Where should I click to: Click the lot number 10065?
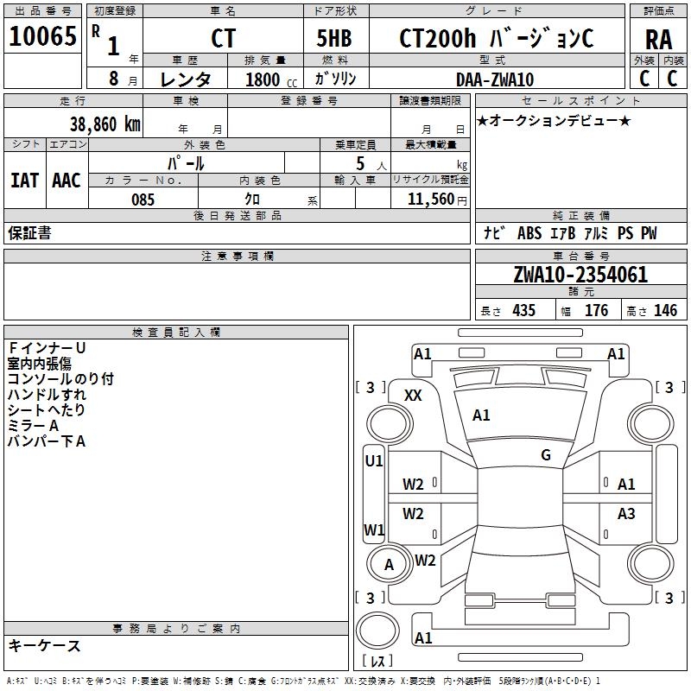tap(42, 36)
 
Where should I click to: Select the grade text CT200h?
tap(438, 38)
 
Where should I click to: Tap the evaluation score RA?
tap(658, 40)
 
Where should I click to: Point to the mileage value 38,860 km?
tap(105, 124)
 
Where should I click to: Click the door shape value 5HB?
tap(334, 38)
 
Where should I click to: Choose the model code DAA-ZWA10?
tap(495, 79)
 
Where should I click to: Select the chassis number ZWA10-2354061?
tap(580, 275)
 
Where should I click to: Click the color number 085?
tap(143, 200)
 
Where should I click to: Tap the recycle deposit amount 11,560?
tap(430, 200)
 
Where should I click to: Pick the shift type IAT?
tap(24, 181)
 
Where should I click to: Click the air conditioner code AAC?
tap(67, 181)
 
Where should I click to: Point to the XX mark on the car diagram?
tap(413, 396)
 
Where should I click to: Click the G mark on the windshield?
tap(546, 455)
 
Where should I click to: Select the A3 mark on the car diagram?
tap(626, 513)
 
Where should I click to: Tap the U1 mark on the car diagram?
tap(374, 461)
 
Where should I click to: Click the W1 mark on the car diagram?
tap(374, 529)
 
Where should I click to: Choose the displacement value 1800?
tap(263, 79)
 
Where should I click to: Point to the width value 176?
tap(596, 310)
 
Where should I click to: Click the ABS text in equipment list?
tap(529, 233)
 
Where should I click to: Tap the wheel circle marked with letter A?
tap(389, 546)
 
